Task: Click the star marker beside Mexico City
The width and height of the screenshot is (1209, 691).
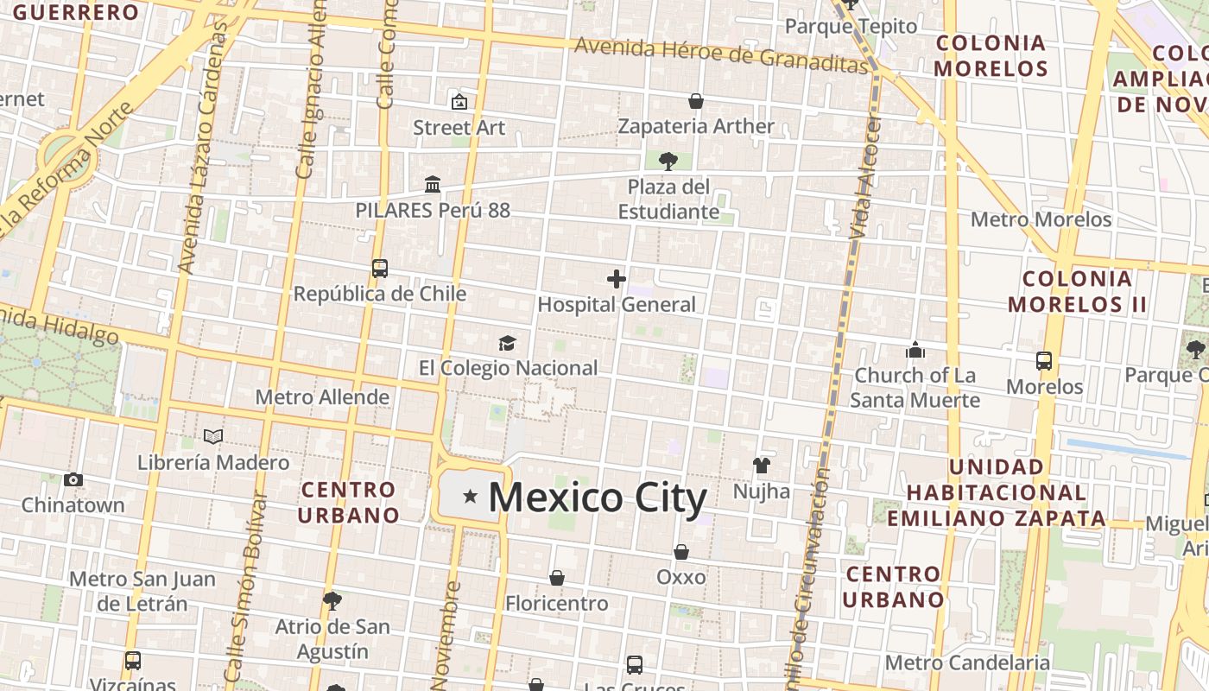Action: point(470,496)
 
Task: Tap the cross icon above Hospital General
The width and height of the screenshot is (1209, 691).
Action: point(616,279)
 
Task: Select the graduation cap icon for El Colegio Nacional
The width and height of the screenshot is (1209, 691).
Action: point(507,344)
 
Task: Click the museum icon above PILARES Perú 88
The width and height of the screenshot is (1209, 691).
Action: point(433,185)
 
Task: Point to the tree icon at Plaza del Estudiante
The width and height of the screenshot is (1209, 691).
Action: point(668,161)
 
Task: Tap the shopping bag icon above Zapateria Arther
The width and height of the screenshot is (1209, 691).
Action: point(695,101)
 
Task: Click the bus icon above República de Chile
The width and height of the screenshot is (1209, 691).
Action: point(380,269)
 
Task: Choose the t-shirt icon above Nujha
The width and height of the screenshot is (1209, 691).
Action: point(761,466)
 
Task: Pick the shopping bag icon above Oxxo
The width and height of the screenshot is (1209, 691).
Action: point(681,552)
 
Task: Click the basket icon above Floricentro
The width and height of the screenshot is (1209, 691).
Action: point(557,578)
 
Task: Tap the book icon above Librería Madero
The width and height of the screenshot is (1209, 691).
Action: point(213,437)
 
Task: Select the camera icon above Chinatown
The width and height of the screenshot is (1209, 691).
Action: point(73,479)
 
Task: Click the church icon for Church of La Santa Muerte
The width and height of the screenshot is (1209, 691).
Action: point(915,350)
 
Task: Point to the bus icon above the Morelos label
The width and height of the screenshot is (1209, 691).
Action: point(1044,361)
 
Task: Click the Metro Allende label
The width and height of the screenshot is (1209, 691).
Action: point(322,397)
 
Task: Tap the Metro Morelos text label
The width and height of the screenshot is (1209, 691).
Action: point(1041,219)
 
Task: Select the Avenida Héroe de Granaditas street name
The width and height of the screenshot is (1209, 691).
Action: point(720,54)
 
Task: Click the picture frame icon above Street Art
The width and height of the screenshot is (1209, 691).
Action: point(459,102)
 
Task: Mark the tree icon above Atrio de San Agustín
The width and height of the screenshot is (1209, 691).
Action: point(332,600)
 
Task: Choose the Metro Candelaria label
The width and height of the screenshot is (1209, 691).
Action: point(967,662)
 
